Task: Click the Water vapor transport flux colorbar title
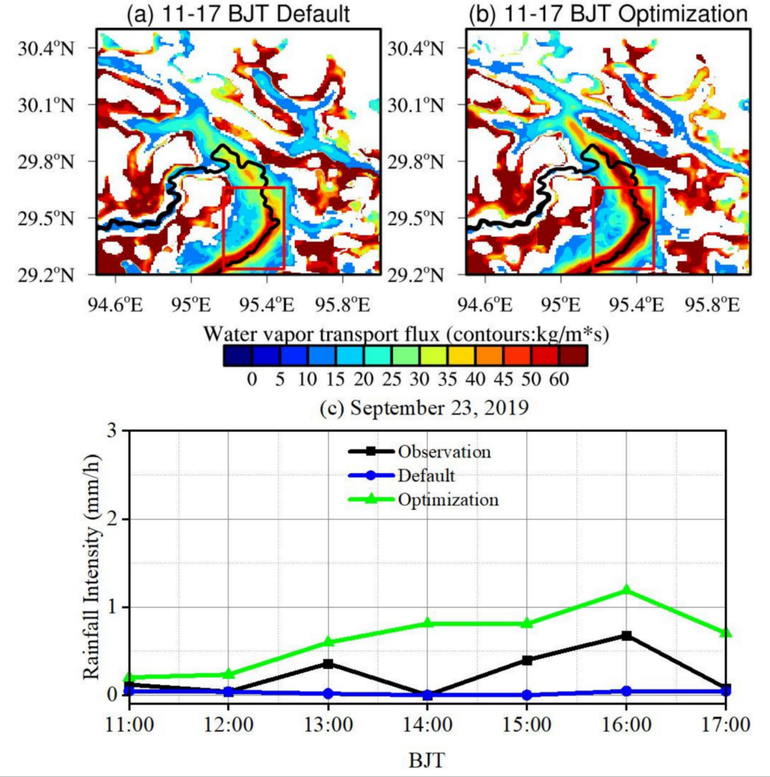(x=406, y=332)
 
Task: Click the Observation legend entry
(x=444, y=452)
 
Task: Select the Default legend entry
(x=426, y=475)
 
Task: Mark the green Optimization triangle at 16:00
(x=626, y=590)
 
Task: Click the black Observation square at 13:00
(x=328, y=663)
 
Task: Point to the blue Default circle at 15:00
(x=526, y=694)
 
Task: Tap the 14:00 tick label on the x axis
(x=427, y=727)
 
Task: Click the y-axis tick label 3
(x=113, y=431)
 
